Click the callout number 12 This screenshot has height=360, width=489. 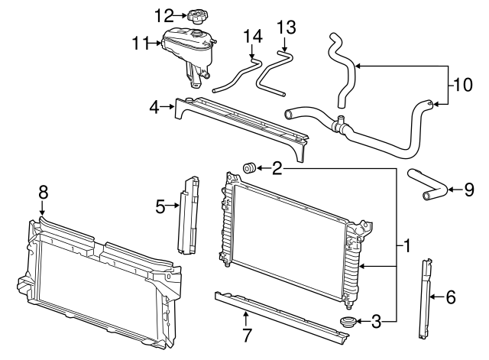[164, 15]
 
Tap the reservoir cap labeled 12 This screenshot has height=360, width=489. [196, 15]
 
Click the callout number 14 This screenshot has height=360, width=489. [251, 36]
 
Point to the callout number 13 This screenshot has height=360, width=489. [285, 28]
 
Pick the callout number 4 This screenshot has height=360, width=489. [154, 109]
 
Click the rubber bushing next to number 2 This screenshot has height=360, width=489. [248, 168]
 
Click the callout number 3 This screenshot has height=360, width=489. [375, 323]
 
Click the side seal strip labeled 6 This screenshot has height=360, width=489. [424, 298]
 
